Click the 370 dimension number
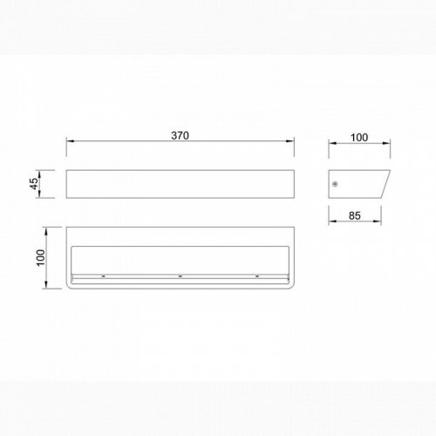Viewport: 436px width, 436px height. pos(180,135)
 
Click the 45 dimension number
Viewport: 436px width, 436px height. pos(34,184)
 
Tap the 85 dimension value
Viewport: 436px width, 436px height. pos(355,215)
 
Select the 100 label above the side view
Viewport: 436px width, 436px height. pos(359,138)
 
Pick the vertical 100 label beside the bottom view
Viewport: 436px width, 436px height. pos(41,257)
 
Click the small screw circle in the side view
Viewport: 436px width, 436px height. pos(335,184)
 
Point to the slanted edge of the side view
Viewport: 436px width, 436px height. pos(385,184)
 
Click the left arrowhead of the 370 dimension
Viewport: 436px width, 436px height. pos(70,141)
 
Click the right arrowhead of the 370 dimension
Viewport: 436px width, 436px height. pos(290,141)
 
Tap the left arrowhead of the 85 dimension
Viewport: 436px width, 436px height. pos(332,221)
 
